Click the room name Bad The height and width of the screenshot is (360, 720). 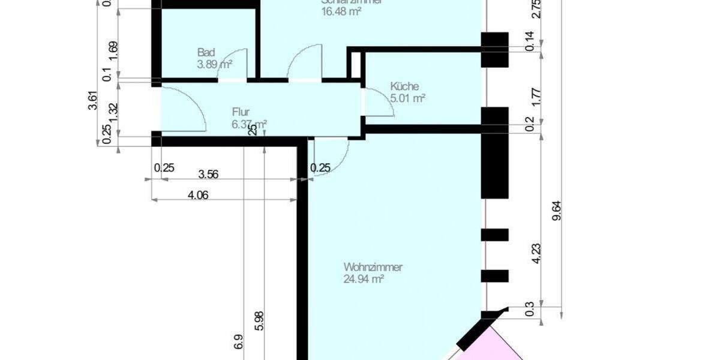click(x=206, y=53)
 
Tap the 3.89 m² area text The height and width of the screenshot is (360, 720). click(x=215, y=64)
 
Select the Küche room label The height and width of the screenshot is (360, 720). click(x=404, y=86)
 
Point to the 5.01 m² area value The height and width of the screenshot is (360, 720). click(x=407, y=98)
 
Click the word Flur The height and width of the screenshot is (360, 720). click(x=241, y=112)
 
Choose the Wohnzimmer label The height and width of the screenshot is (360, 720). click(x=373, y=267)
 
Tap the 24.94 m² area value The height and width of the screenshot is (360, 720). click(x=364, y=278)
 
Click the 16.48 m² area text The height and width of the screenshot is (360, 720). click(x=341, y=11)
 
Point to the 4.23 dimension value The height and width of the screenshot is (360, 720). click(x=537, y=251)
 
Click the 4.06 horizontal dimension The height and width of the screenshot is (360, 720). click(x=197, y=195)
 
